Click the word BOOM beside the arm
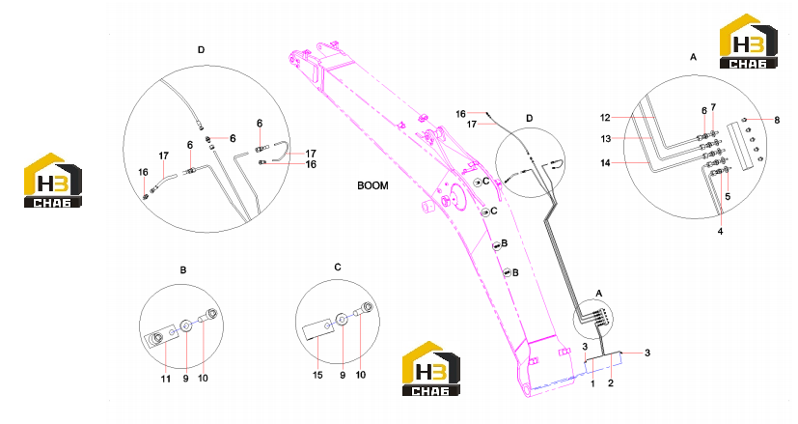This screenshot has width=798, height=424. [x=372, y=185]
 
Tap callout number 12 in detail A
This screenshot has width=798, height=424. [x=605, y=118]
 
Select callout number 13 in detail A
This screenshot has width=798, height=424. [x=605, y=139]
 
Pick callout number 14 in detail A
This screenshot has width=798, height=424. [x=605, y=163]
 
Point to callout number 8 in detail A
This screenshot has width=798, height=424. [x=777, y=121]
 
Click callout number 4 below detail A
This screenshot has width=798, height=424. [x=720, y=232]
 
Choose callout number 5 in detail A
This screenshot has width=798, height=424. [x=728, y=196]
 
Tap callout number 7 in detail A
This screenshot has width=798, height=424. [x=713, y=107]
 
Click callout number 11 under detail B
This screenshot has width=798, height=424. [x=165, y=379]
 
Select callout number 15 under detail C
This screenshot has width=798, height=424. [x=317, y=375]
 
